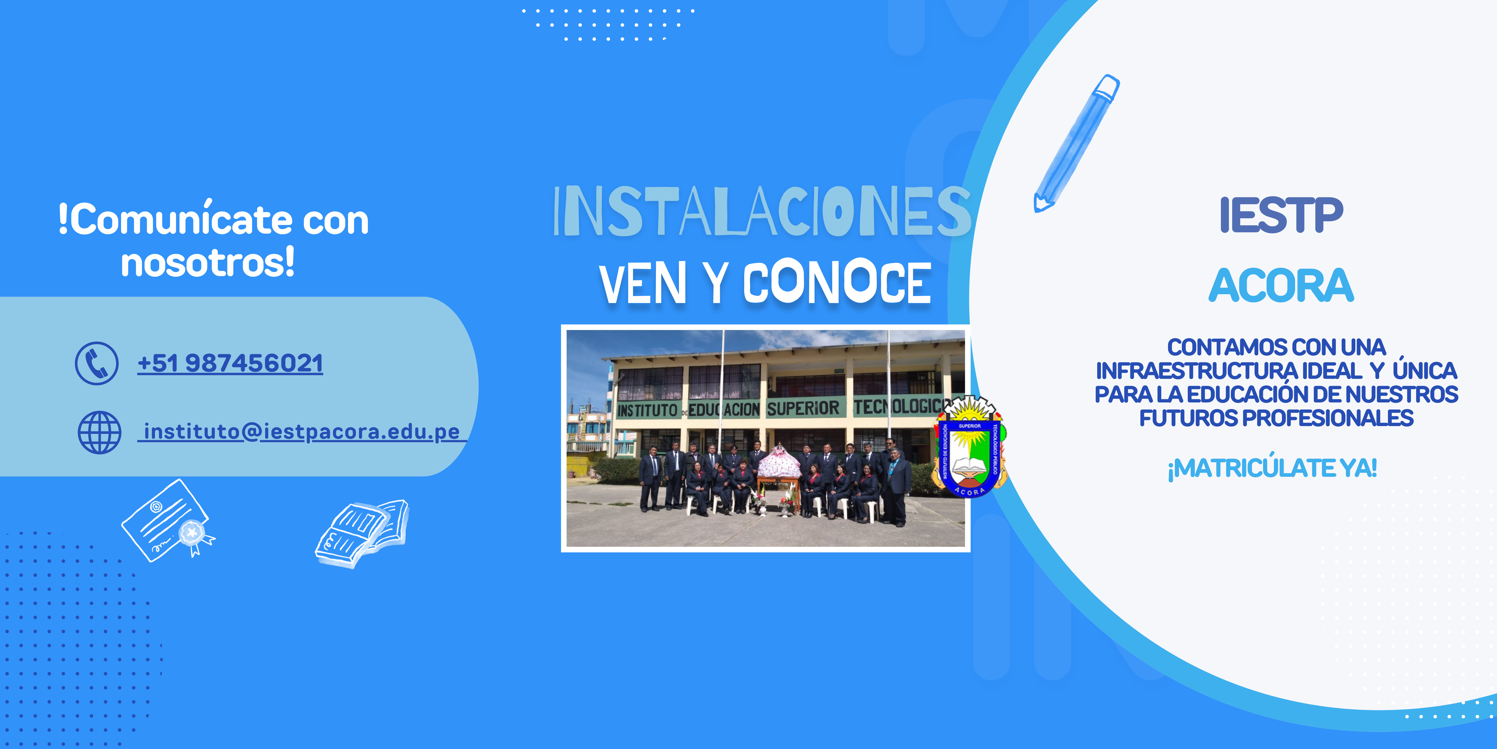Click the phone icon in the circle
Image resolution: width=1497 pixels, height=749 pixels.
coord(96,363)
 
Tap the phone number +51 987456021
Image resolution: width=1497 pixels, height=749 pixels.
coord(230,363)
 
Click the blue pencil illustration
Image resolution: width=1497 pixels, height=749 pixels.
coord(1076,142)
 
